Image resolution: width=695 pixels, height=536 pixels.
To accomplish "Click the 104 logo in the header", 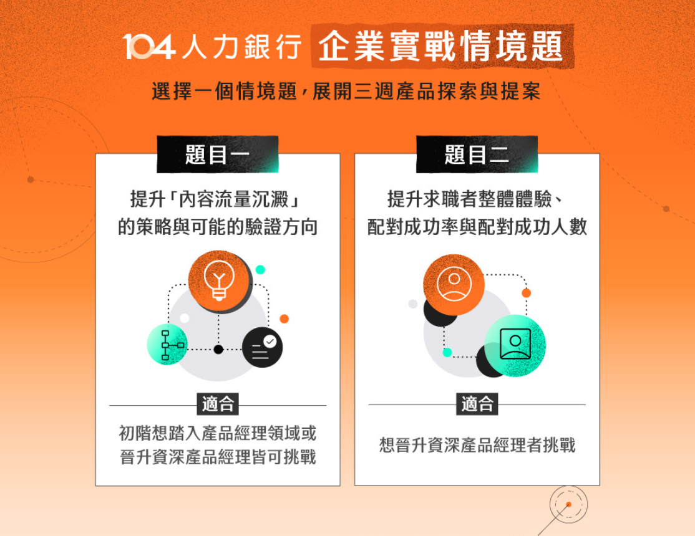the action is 149,47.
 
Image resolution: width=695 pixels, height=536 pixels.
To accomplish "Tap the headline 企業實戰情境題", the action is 441,46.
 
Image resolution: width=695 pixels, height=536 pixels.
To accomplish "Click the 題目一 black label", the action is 218,154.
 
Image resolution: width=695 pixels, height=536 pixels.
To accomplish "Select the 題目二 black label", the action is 477,154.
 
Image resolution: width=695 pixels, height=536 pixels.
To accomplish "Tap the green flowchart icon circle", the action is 168,345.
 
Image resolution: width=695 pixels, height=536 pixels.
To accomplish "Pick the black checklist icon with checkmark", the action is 263,347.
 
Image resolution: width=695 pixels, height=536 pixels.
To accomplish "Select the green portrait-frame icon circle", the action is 515,345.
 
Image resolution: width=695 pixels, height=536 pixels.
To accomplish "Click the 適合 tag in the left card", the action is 218,404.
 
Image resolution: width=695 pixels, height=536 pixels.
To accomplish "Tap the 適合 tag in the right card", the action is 477,404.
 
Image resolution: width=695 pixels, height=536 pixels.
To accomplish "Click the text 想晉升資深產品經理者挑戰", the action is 477,445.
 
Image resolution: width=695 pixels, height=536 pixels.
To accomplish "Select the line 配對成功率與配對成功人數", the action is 477,227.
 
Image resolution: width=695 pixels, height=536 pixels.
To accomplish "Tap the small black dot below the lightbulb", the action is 218,350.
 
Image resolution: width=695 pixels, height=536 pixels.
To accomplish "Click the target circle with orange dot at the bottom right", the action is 569,504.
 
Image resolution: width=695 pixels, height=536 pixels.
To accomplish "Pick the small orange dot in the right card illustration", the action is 526,293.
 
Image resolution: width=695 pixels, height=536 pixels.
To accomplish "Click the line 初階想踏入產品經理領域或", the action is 218,433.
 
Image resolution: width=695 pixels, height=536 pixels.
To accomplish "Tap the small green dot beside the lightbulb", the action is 260,270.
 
